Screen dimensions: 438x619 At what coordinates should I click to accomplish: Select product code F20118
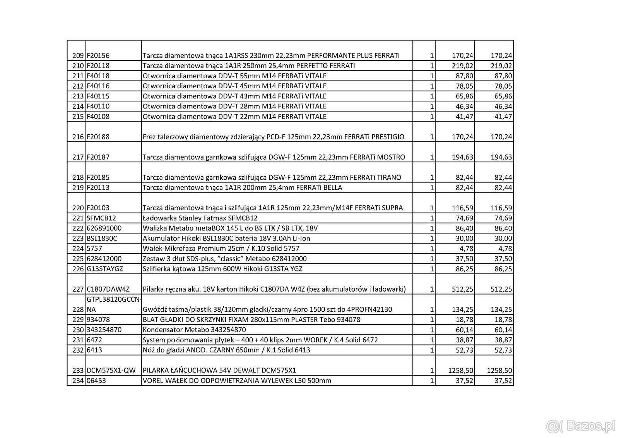tap(98, 66)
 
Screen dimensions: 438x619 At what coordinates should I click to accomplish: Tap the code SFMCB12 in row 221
tap(101, 218)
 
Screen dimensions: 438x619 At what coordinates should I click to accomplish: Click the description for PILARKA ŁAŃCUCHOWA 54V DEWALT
tap(219, 370)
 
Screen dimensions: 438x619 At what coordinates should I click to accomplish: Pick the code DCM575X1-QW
tap(111, 370)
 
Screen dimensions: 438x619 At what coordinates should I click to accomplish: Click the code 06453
tap(96, 381)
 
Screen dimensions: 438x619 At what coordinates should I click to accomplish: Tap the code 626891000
tap(104, 228)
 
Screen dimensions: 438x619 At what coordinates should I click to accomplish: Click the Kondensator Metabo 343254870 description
tap(194, 330)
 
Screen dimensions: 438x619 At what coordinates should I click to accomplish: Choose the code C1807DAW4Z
tap(108, 289)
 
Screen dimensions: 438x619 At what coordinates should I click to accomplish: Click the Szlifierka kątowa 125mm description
tap(222, 269)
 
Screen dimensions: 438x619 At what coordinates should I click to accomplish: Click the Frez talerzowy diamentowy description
tap(273, 137)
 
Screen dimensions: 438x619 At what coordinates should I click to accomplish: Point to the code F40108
tap(98, 117)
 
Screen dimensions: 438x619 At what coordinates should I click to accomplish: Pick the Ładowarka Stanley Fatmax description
tap(200, 218)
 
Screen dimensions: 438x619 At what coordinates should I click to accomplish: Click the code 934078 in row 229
tap(98, 320)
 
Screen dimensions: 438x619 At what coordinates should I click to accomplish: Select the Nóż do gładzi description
tap(226, 350)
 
